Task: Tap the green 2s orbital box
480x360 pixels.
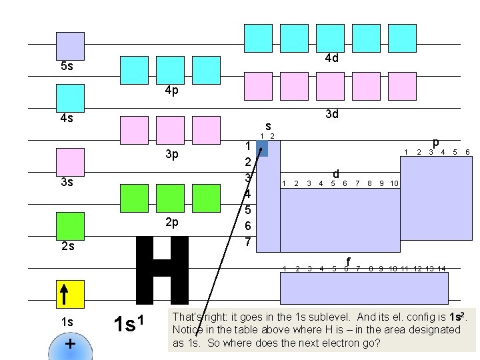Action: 70,227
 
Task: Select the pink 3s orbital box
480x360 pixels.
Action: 70,162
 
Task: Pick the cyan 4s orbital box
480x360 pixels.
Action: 70,98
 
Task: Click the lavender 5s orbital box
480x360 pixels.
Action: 70,46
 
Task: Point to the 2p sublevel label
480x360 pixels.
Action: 171,222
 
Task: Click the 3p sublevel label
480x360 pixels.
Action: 171,155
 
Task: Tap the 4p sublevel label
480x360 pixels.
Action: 171,91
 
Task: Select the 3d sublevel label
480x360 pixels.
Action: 331,114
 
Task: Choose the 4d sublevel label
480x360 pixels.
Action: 331,58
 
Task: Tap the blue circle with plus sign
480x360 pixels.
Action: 70,345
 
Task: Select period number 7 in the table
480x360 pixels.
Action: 247,241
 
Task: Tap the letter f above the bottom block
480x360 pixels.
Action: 348,261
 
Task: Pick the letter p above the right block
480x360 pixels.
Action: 435,142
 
